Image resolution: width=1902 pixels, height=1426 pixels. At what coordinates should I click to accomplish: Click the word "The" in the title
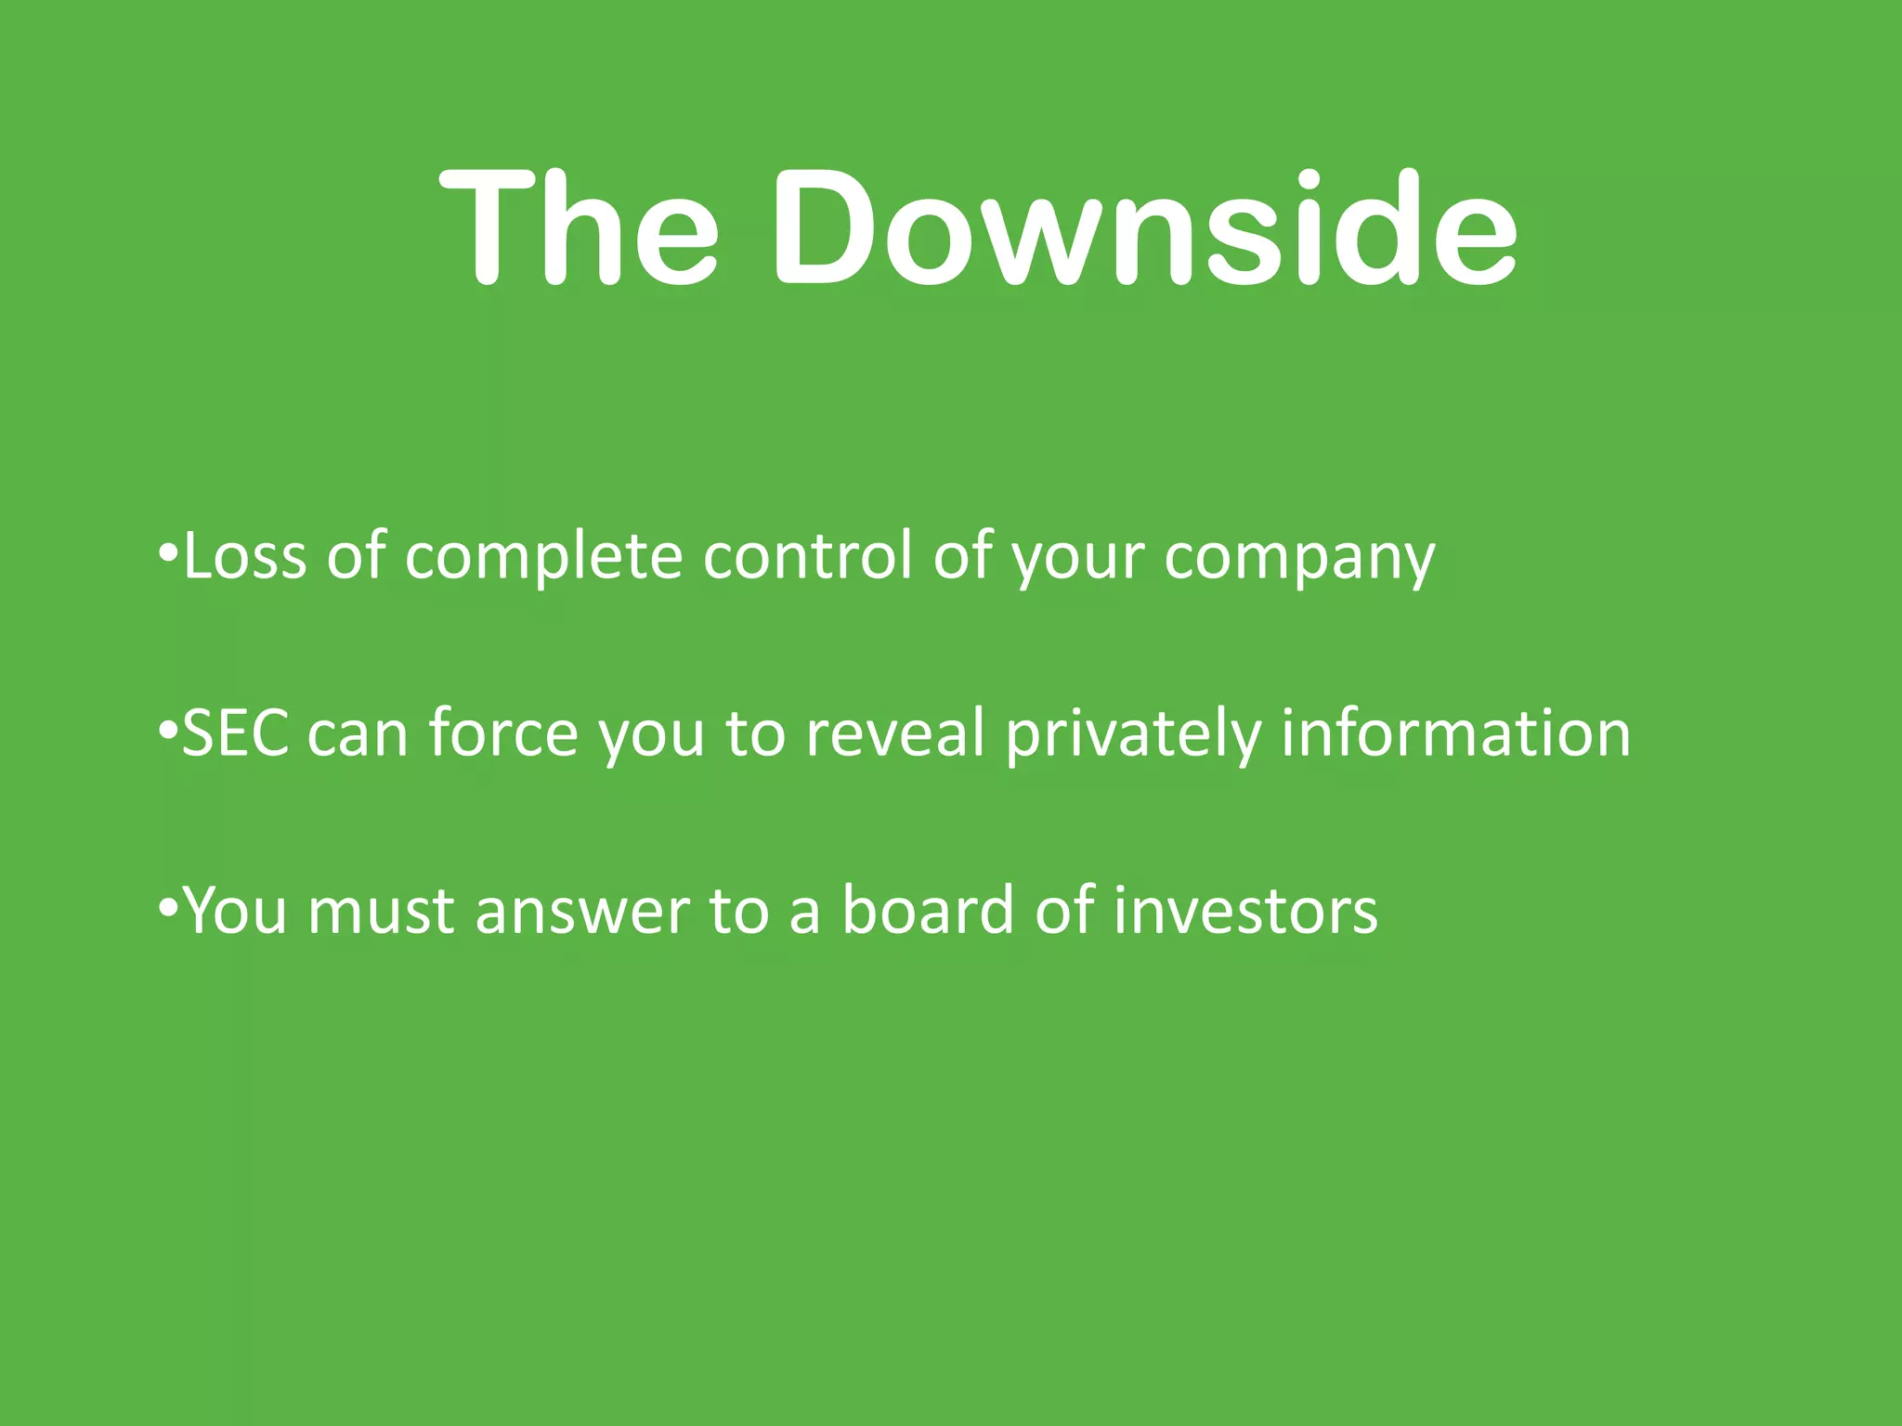pyautogui.click(x=578, y=227)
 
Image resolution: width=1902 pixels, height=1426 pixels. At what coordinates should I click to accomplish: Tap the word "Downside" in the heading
pyautogui.click(x=1144, y=227)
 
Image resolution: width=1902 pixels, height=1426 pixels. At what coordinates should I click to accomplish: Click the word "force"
pyautogui.click(x=503, y=733)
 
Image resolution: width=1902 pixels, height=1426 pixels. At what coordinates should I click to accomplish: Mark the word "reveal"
pyautogui.click(x=894, y=733)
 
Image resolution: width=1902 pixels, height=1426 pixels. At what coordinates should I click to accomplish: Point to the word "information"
pyautogui.click(x=1455, y=733)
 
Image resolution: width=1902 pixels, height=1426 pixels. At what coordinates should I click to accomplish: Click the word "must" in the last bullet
pyautogui.click(x=381, y=912)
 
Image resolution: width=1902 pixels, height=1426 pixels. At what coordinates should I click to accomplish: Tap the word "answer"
pyautogui.click(x=582, y=913)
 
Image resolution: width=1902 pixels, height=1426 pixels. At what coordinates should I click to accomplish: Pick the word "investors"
pyautogui.click(x=1245, y=911)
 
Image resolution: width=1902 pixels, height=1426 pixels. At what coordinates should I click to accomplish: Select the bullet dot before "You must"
pyautogui.click(x=167, y=909)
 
